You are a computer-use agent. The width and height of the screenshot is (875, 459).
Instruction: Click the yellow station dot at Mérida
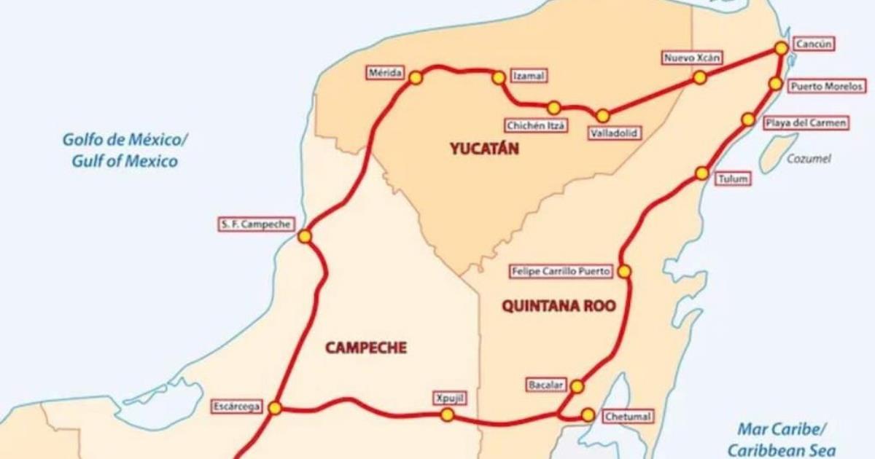click(416, 77)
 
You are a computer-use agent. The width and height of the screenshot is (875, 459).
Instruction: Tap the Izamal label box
click(529, 76)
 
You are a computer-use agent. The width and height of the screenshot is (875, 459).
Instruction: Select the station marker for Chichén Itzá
click(554, 108)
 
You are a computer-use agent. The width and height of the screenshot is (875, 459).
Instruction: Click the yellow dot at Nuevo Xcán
click(699, 77)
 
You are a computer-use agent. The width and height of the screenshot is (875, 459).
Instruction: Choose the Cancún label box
click(811, 44)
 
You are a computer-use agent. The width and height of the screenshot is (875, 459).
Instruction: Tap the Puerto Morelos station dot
click(776, 84)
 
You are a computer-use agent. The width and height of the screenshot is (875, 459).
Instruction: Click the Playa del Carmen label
click(806, 123)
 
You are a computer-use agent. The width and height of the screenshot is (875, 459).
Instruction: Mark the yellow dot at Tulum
click(701, 173)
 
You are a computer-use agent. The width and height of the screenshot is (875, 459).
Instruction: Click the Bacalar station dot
click(577, 386)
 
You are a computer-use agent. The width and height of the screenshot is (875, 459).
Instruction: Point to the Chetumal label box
click(627, 417)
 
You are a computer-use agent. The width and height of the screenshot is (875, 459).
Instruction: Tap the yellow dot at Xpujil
click(448, 415)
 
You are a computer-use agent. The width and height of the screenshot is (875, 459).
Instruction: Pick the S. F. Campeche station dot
click(305, 236)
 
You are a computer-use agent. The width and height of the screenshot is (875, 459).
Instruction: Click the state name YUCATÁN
click(484, 149)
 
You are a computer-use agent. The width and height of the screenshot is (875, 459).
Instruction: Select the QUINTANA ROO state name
click(559, 306)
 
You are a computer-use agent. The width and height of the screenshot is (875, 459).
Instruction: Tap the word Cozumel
click(809, 159)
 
